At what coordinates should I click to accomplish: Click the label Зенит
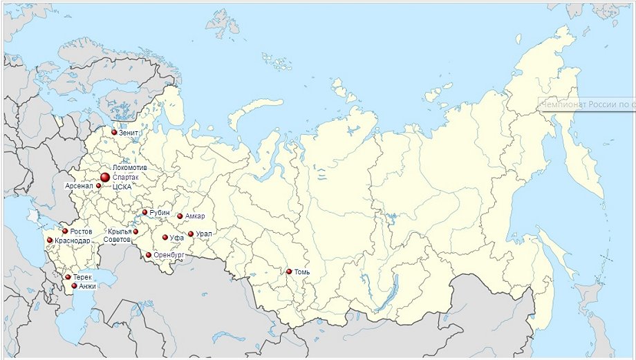[129, 132]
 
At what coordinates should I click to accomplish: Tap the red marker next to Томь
[289, 272]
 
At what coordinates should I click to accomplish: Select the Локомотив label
[128, 168]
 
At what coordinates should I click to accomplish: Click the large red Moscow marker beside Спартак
[105, 178]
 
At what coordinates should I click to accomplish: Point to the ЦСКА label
[122, 187]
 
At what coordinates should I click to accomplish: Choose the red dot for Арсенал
[99, 186]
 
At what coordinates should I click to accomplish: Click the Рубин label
[159, 213]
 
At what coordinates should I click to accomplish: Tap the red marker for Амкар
[180, 216]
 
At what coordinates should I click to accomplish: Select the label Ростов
[81, 231]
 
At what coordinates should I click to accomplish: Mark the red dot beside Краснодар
[50, 240]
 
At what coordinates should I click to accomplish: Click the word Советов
[116, 239]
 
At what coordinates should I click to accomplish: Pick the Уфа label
[176, 238]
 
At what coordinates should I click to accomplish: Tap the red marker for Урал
[191, 234]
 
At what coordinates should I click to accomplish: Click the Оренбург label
[169, 256]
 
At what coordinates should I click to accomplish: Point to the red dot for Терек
[68, 277]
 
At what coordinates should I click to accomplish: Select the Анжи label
[87, 286]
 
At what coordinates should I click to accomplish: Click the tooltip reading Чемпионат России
[588, 104]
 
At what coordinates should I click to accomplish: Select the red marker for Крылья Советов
[135, 231]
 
